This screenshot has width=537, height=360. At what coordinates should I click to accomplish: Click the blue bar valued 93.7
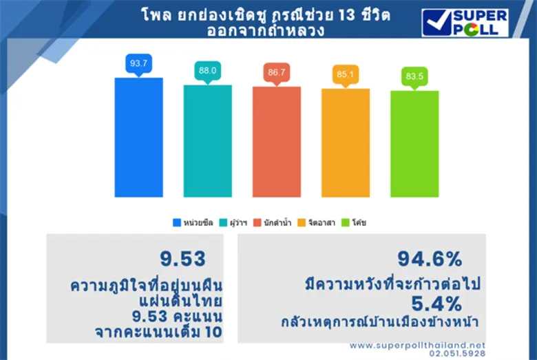[x=138, y=137]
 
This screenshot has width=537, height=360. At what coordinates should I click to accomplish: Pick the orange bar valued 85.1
[x=345, y=142]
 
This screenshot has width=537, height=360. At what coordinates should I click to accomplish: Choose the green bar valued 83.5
[x=414, y=143]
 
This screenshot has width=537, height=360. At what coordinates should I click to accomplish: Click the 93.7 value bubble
[x=138, y=63]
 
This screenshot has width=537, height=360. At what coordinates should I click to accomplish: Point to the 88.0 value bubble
[x=207, y=70]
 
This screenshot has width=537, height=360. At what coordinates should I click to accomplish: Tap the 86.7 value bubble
[x=276, y=72]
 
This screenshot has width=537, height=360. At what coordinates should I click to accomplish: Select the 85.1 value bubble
[x=345, y=74]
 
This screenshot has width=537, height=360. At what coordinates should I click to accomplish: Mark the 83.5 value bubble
[x=414, y=76]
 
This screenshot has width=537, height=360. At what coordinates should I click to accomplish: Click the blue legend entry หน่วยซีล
[x=193, y=222]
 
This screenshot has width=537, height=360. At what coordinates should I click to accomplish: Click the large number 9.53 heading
[x=183, y=259]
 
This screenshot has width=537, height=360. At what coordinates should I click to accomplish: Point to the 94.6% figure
[x=429, y=259]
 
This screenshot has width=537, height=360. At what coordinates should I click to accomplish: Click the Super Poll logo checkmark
[x=436, y=22]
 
